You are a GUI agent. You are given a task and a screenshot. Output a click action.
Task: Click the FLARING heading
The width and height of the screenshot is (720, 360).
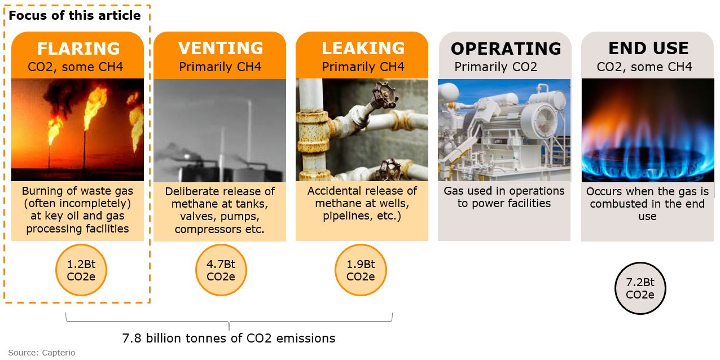tap(78, 49)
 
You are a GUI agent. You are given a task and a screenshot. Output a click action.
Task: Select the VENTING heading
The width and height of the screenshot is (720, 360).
tap(221, 48)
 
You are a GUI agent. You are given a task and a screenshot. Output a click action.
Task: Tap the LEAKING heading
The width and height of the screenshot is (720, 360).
tap(363, 48)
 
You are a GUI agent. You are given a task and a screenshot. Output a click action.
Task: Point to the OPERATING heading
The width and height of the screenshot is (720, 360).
tap(506, 49)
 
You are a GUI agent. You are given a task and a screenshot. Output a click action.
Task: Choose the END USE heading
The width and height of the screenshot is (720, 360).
tap(648, 48)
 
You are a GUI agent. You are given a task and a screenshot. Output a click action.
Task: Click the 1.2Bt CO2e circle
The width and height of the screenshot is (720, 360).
tap(81, 270)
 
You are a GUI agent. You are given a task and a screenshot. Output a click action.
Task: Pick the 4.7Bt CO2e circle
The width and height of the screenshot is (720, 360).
tap(221, 270)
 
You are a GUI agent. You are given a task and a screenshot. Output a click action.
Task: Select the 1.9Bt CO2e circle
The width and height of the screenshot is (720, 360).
tap(361, 270)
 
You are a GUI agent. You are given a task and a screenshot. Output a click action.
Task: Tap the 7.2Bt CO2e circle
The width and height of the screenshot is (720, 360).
tap(640, 288)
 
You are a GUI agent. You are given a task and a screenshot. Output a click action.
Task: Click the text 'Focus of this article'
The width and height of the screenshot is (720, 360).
tap(74, 15)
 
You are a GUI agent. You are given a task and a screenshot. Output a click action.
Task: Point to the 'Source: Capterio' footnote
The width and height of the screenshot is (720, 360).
tap(41, 353)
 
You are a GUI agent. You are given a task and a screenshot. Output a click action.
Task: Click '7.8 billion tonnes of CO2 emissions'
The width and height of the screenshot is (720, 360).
tap(229, 338)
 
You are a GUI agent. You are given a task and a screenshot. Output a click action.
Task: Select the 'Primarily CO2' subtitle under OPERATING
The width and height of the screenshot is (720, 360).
tap(495, 67)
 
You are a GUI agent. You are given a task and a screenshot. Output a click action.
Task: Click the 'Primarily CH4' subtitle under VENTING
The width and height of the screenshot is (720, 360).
tap(220, 67)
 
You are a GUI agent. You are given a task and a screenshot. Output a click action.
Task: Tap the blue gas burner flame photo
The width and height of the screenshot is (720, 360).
tap(648, 130)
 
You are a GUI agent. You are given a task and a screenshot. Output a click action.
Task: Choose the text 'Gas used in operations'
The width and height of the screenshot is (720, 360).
tap(504, 191)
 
